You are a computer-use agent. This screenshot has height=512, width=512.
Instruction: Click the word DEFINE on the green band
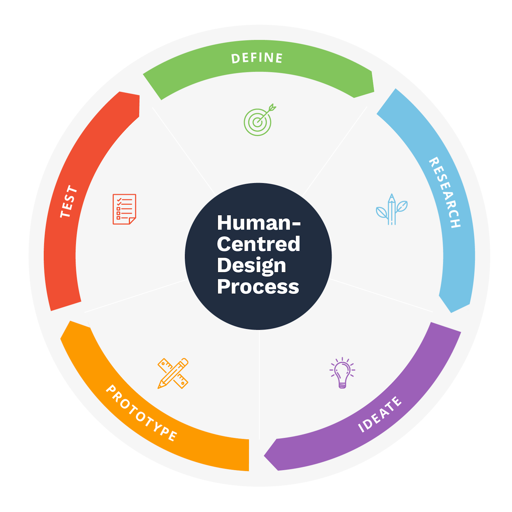click(257, 58)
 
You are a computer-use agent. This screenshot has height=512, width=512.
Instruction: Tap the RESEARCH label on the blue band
click(445, 192)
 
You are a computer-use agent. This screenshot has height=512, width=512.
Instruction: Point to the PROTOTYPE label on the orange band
click(141, 413)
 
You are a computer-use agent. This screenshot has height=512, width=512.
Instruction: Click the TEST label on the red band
click(69, 201)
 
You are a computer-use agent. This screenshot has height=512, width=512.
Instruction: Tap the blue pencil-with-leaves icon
click(392, 209)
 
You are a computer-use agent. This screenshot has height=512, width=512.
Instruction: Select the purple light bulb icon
click(342, 373)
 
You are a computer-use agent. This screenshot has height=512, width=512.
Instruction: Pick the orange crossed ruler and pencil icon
click(173, 373)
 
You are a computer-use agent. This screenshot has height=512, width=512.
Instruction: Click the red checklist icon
click(124, 209)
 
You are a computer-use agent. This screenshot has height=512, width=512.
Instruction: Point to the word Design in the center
click(252, 266)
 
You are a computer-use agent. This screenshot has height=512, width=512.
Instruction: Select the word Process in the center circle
click(258, 287)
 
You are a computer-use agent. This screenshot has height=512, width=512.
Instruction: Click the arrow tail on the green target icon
click(272, 107)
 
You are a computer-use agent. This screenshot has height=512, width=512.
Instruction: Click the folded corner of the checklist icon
click(132, 221)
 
